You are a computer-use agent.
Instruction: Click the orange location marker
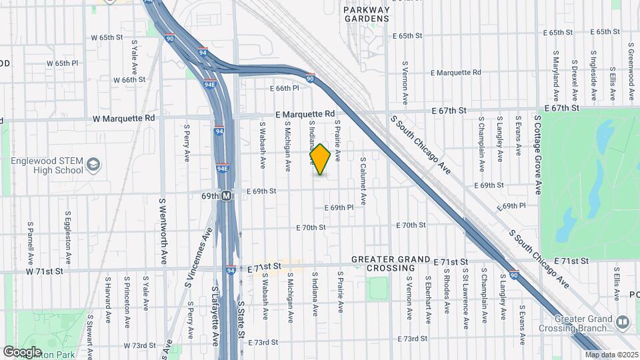coord(321,159)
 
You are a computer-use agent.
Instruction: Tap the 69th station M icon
coord(227,196)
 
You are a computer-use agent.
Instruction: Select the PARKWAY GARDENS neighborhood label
coord(366,15)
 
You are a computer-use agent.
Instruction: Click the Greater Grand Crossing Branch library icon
coord(623,322)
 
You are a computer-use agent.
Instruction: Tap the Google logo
coord(22,351)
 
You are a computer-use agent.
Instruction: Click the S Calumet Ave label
coord(363,181)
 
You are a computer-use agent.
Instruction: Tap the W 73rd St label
coord(139,346)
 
